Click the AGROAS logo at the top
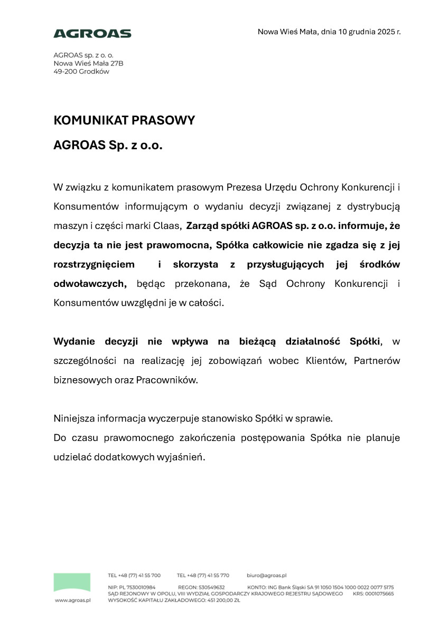coord(92,34)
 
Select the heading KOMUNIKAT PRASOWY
coord(124,120)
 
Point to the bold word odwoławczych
coord(90,284)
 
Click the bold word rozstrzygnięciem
coord(92,264)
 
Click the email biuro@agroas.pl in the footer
coord(266,575)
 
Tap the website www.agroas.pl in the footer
coord(73,600)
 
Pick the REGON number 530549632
coord(209,587)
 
